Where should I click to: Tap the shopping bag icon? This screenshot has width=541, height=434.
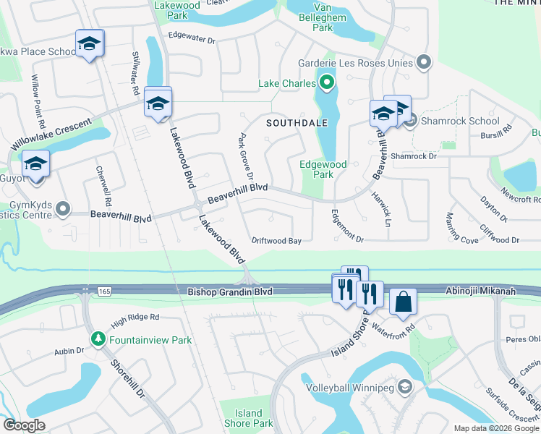pos(403,301)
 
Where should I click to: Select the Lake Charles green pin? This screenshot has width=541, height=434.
pos(327,84)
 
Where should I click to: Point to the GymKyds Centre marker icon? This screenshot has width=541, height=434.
pos(64,210)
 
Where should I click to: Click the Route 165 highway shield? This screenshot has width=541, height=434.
pos(85,291)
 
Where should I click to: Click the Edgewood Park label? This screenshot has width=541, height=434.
pos(323,169)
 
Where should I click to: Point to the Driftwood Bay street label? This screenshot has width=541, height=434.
pos(276,241)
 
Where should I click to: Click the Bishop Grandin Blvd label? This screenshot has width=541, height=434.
pos(230,292)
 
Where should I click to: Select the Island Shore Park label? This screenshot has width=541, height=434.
pos(249,418)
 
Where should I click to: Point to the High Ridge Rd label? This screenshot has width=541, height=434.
pos(135,318)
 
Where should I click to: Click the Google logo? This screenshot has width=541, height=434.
pos(25,425)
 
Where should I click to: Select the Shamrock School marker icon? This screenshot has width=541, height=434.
pos(411,121)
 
